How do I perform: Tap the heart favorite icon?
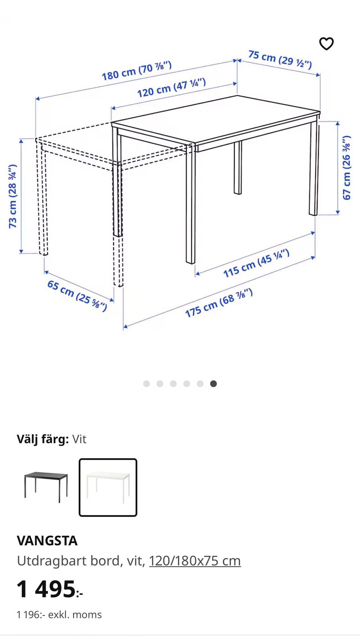coord(326,43)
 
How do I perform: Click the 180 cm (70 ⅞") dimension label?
coord(136,71)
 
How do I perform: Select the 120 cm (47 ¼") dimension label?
coord(171,88)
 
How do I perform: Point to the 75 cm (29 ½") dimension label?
coord(280,60)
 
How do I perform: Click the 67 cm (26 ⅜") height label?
coord(346,168)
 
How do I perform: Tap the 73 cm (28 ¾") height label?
coord(13,196)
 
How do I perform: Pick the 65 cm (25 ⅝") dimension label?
coord(77,295)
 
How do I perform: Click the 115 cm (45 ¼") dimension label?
coord(256,263)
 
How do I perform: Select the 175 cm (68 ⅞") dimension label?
coord(219,303)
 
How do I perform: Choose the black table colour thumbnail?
coord(46,487)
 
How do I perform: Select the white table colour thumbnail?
coord(108,487)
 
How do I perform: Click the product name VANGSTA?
coord(47,540)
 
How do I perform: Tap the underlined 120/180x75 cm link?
coord(195,561)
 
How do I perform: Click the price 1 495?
coord(46,589)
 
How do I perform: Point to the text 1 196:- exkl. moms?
coord(59,615)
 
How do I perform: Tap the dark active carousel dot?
coord(213,384)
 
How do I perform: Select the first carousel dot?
coord(147,384)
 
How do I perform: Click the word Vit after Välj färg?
coord(79,439)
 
